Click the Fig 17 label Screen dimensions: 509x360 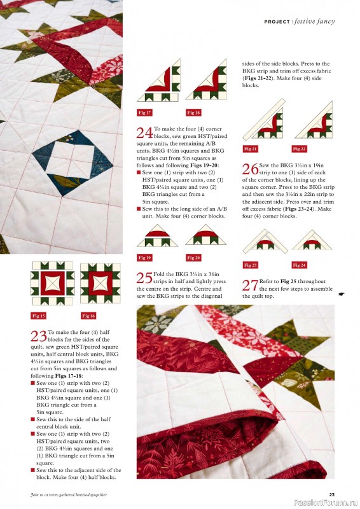pyautogui.click(x=144, y=113)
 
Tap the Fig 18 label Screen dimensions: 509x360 pyautogui.click(x=193, y=113)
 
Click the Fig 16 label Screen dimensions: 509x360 pyautogui.click(x=88, y=316)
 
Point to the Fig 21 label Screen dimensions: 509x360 pyautogui.click(x=251, y=148)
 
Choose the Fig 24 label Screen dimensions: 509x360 pyautogui.click(x=300, y=265)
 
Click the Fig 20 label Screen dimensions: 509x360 pyautogui.click(x=193, y=258)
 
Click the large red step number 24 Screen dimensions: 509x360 pyautogui.click(x=144, y=133)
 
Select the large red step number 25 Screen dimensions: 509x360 pyautogui.click(x=144, y=277)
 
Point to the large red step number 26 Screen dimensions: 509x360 pyautogui.click(x=251, y=169)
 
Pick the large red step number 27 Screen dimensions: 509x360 pyautogui.click(x=250, y=286)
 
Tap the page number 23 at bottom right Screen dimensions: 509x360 pyautogui.click(x=331, y=494)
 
